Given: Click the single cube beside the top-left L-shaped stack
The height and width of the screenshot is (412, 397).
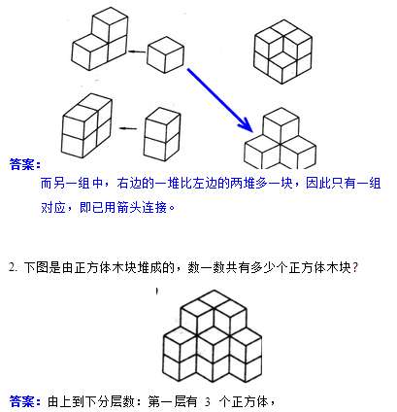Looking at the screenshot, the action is (x=165, y=54).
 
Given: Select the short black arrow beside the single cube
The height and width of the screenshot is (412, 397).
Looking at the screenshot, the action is (x=137, y=51).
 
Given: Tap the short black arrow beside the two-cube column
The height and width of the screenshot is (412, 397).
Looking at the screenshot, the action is (x=128, y=128).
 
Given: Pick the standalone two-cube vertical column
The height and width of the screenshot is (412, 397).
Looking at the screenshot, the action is (x=162, y=134).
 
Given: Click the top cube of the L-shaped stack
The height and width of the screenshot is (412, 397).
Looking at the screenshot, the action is (x=110, y=25).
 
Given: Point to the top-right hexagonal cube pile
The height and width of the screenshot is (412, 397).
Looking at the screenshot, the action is (x=282, y=51).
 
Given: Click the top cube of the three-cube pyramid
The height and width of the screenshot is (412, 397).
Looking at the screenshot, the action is (x=281, y=125).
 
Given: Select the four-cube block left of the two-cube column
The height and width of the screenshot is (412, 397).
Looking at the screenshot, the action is (x=87, y=125).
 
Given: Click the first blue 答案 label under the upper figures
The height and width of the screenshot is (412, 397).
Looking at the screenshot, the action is (x=25, y=164).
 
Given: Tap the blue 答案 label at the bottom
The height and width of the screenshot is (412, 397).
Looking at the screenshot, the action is (x=25, y=401).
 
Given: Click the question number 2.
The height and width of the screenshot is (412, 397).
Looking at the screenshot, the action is (x=13, y=267).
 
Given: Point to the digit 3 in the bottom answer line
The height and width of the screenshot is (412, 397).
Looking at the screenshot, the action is (x=208, y=402).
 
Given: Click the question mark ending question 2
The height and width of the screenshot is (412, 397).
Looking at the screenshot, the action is (x=355, y=267).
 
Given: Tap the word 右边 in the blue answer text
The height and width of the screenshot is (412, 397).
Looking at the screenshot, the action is (x=129, y=184).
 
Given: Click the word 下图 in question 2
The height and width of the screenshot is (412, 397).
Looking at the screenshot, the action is (x=36, y=267).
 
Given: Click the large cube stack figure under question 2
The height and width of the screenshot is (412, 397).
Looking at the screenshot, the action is (x=213, y=336).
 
